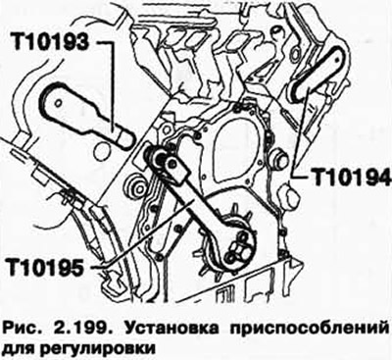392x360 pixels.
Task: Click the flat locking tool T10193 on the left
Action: click(87, 121)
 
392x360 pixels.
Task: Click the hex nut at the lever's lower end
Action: click(235, 258)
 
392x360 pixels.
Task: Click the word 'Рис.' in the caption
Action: click(28, 325)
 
